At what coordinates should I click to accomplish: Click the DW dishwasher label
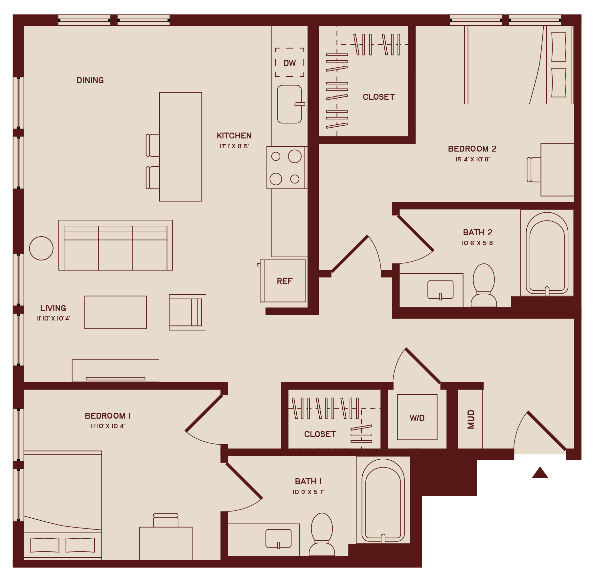289,63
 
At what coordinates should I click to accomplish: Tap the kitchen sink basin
289,104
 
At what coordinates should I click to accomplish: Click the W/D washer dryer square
417,417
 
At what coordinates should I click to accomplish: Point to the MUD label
471,419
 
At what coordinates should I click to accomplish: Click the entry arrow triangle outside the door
540,473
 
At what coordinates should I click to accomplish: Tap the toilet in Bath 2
484,285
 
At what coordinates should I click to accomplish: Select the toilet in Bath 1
322,534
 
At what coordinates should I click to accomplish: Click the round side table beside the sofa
41,248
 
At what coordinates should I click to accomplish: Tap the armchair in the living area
187,312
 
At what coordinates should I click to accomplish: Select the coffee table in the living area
116,312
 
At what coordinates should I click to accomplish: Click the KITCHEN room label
234,135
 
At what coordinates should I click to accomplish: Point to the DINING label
90,80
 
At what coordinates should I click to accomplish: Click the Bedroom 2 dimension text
472,159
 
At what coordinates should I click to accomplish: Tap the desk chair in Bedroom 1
166,520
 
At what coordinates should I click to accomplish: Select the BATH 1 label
308,481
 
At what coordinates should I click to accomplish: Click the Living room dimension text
53,319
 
